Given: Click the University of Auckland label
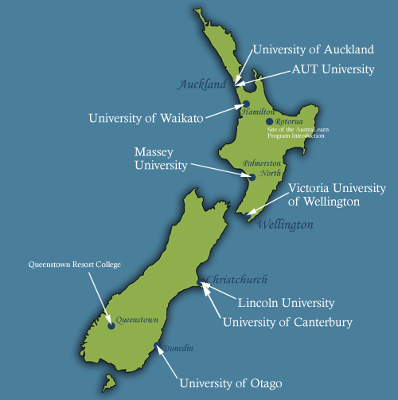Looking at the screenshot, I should [312, 49].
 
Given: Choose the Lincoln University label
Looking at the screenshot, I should [287, 303].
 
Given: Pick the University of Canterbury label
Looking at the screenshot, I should [287, 322].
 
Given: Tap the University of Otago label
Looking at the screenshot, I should [230, 383].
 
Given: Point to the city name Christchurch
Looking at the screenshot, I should [236, 280].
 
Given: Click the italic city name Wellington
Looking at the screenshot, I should [285, 225].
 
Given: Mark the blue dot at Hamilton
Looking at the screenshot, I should [247, 104].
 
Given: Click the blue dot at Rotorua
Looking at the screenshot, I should [270, 122].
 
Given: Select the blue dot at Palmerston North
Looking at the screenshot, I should [252, 178].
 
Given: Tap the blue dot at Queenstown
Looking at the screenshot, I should [111, 326].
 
